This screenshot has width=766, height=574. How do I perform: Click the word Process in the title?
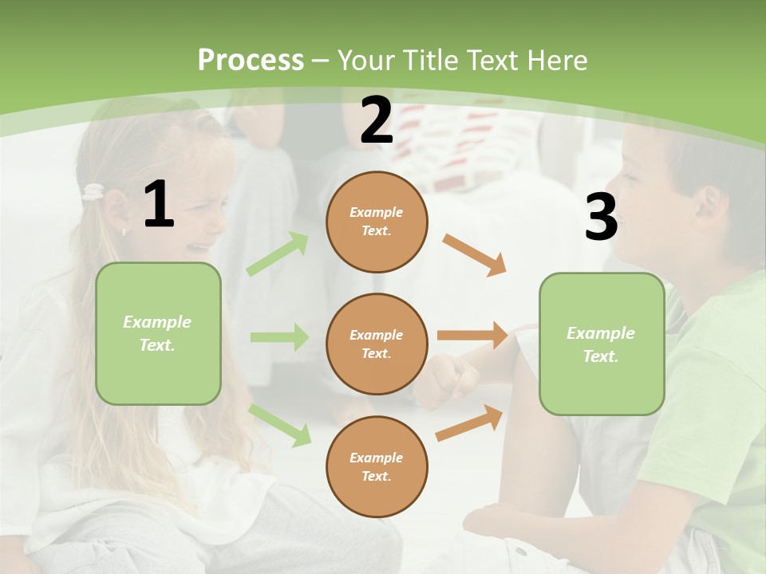tap(251, 60)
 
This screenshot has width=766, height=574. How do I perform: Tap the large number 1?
tap(159, 205)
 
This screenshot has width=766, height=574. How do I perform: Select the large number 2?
tap(377, 120)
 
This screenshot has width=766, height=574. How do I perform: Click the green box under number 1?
tap(158, 333)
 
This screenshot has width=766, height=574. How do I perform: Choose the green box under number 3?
tap(602, 344)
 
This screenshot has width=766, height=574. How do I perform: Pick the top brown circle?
tap(377, 222)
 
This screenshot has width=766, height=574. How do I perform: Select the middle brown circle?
tap(377, 344)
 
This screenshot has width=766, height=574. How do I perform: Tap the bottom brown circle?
tap(377, 466)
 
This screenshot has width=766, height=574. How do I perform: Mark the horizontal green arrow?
tap(279, 337)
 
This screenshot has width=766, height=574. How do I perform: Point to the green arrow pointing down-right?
tap(280, 424)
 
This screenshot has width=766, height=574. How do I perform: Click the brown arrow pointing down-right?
tap(474, 254)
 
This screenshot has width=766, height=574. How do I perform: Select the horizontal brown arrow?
tap(472, 336)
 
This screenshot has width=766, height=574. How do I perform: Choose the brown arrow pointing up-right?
tap(469, 423)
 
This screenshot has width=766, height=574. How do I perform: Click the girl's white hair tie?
tap(93, 192)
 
